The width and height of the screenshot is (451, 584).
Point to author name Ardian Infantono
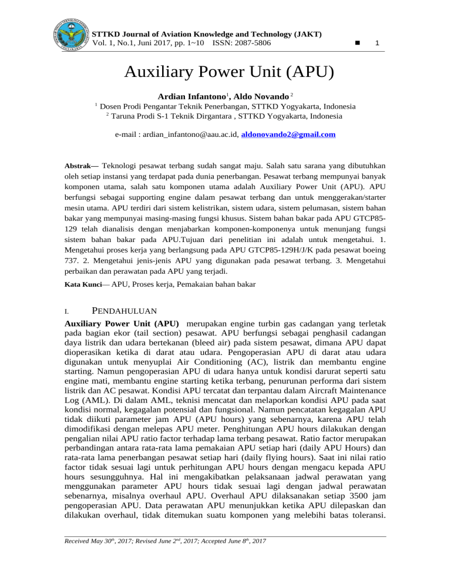pyautogui.click(x=192, y=96)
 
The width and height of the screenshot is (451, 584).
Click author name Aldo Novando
pyautogui.click(x=260, y=96)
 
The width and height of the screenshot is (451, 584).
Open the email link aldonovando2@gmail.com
pyautogui.click(x=288, y=135)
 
